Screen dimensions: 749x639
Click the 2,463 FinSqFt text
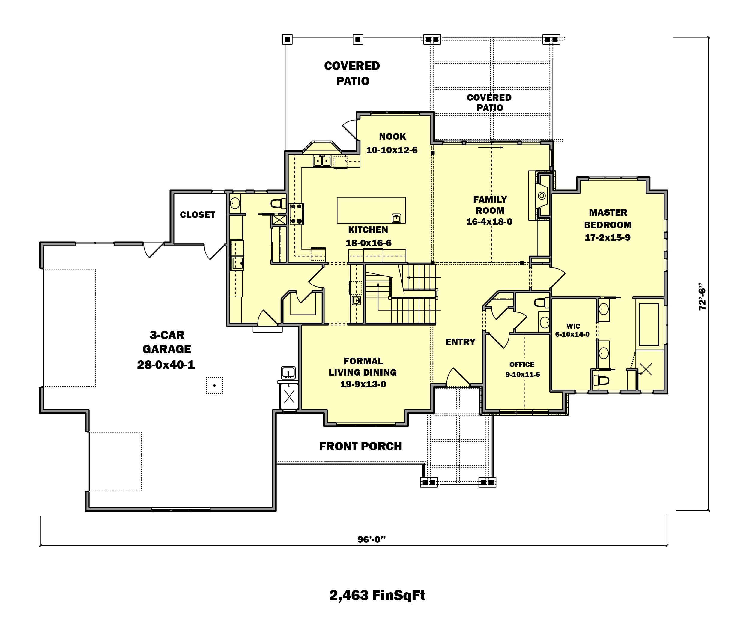tap(377, 595)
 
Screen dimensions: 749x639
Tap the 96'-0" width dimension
tap(372, 539)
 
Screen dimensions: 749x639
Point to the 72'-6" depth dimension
tap(702, 296)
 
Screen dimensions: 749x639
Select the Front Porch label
tap(360, 446)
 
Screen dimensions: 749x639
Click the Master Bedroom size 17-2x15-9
tap(608, 237)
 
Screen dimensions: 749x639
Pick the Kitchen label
tap(368, 230)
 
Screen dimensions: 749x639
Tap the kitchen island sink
tap(397, 218)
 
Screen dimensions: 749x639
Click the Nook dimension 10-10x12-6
tap(392, 150)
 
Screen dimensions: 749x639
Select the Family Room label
tap(490, 205)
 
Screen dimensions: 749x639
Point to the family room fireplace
tap(542, 196)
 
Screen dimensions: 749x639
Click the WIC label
tap(573, 326)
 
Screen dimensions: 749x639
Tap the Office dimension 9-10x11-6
tap(523, 375)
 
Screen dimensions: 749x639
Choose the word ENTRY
tap(460, 342)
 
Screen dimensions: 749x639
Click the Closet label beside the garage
tap(197, 215)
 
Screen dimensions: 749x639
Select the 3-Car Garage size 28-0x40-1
tap(166, 365)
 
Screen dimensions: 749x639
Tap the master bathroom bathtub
tap(649, 324)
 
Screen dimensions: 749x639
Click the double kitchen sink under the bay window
tap(322, 160)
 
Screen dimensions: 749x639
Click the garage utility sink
tap(288, 373)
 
